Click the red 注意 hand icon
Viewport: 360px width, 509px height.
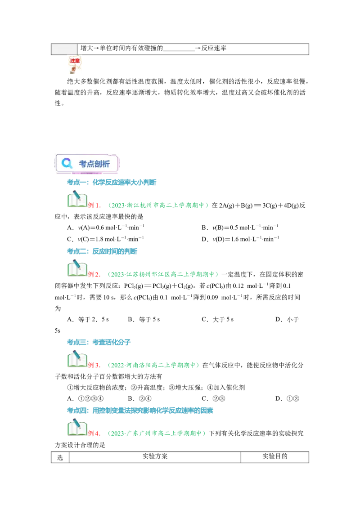click(x=74, y=64)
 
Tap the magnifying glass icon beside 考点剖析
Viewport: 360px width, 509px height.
click(x=67, y=163)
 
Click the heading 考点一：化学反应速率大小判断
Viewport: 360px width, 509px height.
click(x=112, y=183)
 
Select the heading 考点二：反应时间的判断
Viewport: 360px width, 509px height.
click(x=102, y=251)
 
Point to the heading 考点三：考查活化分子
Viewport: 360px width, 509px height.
click(x=99, y=342)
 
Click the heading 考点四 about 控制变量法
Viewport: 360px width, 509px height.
click(x=140, y=411)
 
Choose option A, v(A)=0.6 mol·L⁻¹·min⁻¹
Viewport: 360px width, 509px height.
click(x=106, y=228)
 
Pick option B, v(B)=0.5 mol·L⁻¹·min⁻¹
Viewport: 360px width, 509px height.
click(x=240, y=228)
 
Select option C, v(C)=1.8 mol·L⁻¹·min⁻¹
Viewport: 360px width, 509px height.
click(x=105, y=239)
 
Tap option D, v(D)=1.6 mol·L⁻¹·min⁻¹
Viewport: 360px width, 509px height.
click(x=240, y=239)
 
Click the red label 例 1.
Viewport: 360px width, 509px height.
click(x=94, y=205)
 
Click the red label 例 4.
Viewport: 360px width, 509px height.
click(x=94, y=433)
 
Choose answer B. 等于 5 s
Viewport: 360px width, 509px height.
click(x=144, y=319)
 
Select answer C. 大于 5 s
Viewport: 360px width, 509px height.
click(x=218, y=319)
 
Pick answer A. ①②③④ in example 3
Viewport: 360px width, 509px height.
click(x=85, y=399)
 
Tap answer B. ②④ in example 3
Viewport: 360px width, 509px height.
click(x=139, y=399)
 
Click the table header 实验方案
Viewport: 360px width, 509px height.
click(x=155, y=456)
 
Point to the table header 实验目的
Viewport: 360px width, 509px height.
click(x=275, y=456)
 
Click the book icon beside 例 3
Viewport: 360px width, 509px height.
click(x=77, y=359)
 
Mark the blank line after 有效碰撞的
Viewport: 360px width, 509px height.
click(x=179, y=51)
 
